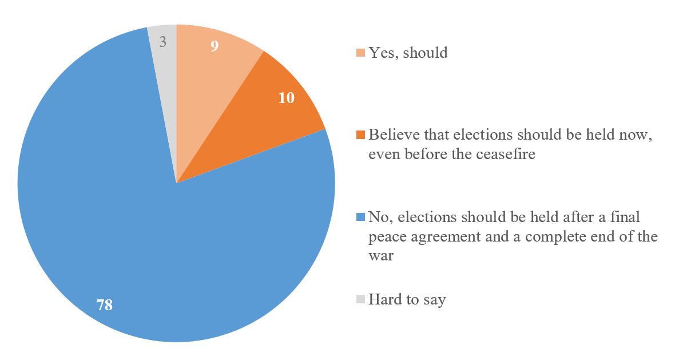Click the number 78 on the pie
(105, 305)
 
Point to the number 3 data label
(163, 42)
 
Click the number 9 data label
(214, 46)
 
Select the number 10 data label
(286, 98)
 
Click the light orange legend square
(360, 53)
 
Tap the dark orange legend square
(360, 136)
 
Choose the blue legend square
(360, 217)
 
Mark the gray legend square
(360, 299)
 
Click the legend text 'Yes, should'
(408, 53)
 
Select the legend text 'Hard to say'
(407, 299)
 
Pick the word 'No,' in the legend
(378, 217)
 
